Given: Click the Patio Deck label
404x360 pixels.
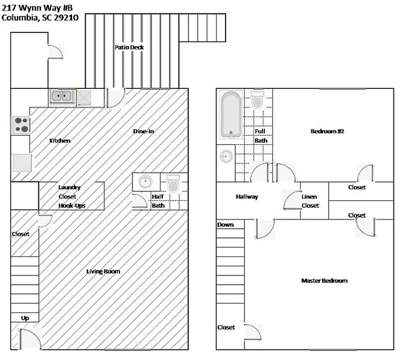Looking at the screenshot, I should tap(129, 47).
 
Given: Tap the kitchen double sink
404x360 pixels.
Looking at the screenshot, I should tap(61, 96).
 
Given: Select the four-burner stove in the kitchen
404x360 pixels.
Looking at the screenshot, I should tap(21, 124).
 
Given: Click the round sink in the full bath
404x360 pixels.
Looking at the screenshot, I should tap(224, 156).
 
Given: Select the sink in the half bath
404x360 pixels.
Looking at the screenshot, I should tap(145, 182).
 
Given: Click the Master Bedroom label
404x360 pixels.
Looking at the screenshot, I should tap(324, 280).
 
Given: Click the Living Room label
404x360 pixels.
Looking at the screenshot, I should tap(103, 271).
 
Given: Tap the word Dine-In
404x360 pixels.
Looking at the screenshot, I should tap(144, 131).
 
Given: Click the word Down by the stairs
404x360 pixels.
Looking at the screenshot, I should tap(225, 224).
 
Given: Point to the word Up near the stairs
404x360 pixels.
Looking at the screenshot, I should tap(25, 318).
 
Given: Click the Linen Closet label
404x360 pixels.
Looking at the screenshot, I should tap(310, 201).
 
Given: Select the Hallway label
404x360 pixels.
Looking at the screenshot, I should tap(247, 197).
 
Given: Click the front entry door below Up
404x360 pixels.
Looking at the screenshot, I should tap(30, 339).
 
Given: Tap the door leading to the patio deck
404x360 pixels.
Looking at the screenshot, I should tap(115, 97).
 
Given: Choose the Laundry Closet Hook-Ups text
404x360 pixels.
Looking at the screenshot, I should tap(70, 196).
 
